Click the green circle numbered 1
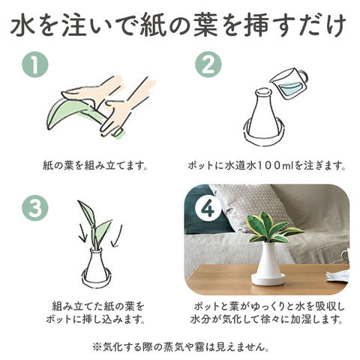[34, 64]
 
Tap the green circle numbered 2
[208, 64]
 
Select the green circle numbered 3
[34, 208]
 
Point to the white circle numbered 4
[208, 208]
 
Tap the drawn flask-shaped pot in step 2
[263, 118]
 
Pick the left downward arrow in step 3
[82, 232]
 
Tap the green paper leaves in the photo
[274, 228]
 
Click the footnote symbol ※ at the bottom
[97, 347]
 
